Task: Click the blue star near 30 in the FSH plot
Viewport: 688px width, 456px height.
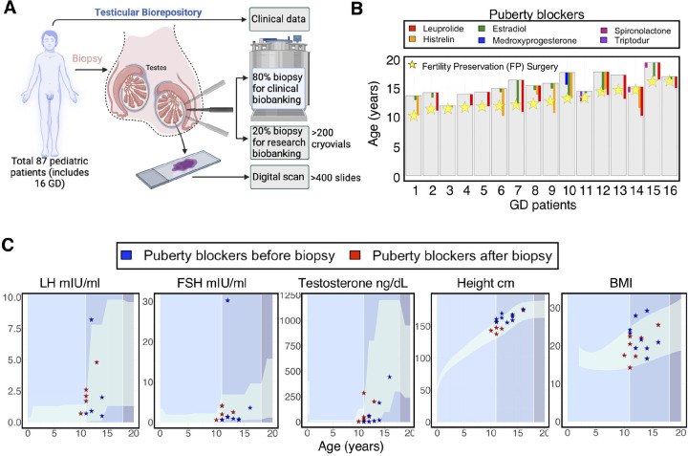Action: point(227,300)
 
